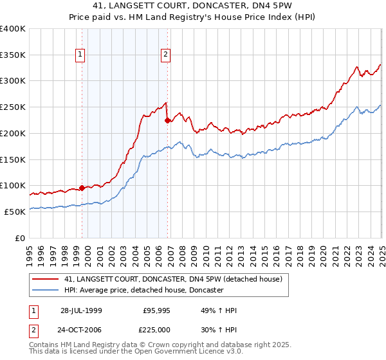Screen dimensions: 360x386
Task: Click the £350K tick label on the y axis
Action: (x=13, y=55)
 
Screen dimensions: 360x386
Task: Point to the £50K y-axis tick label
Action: (x=15, y=212)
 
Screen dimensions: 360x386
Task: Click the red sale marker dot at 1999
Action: (x=82, y=188)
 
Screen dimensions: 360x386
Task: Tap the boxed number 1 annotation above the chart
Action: (x=80, y=55)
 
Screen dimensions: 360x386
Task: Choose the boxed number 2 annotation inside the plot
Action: (x=165, y=55)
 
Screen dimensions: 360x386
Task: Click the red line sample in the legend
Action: (x=45, y=279)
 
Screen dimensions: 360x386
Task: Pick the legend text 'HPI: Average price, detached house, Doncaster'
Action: (x=143, y=291)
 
